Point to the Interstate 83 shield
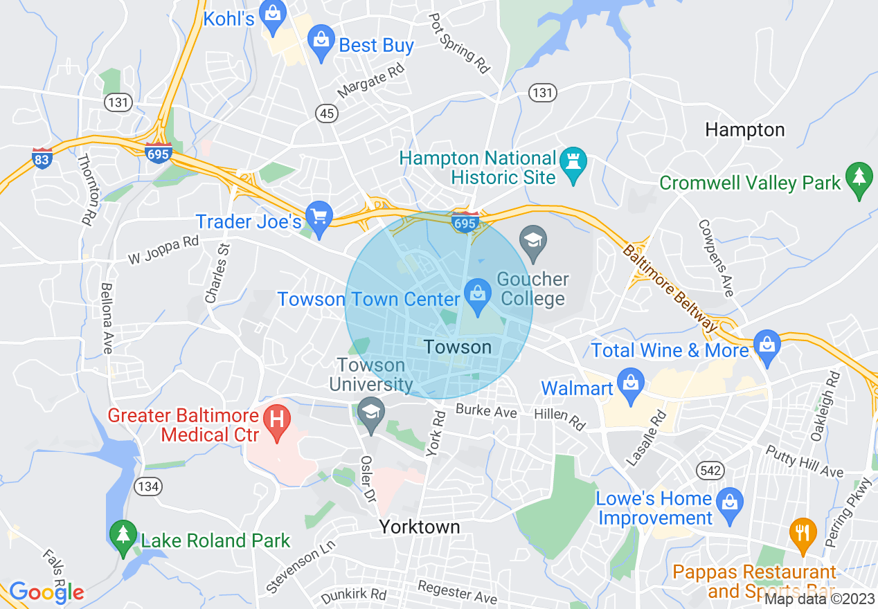click(42, 158)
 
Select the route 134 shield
click(148, 487)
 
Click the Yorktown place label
click(420, 527)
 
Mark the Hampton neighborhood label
click(744, 130)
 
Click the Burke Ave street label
click(486, 412)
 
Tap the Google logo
click(46, 592)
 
